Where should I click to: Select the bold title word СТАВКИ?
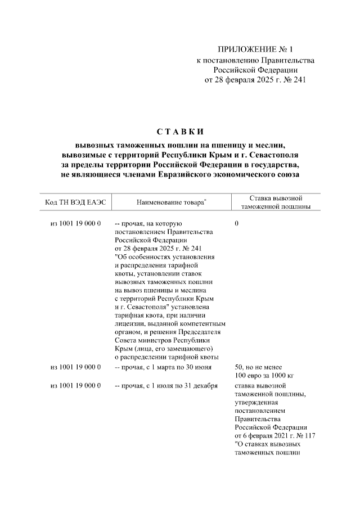pyautogui.click(x=179, y=132)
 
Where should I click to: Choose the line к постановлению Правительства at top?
pyautogui.click(x=255, y=60)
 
